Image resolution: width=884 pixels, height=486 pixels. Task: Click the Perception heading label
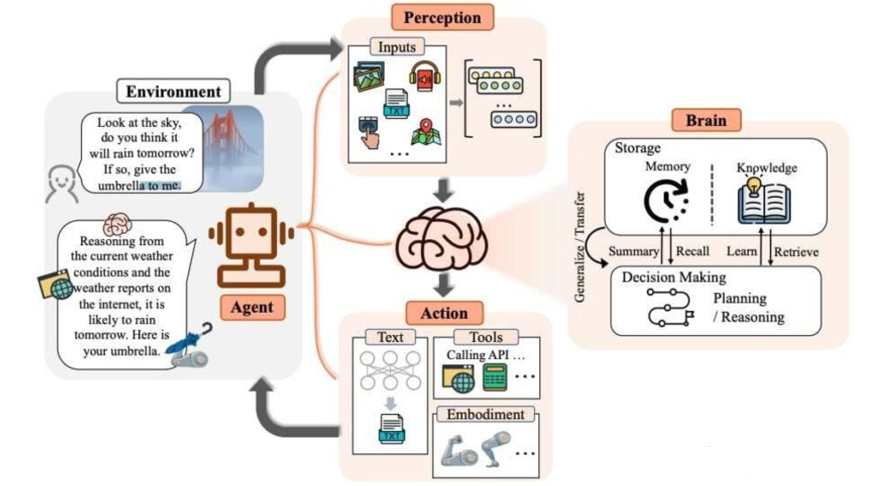pos(442,18)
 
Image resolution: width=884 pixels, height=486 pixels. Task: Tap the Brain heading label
pos(705,120)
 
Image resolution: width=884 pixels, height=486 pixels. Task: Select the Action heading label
pos(444,313)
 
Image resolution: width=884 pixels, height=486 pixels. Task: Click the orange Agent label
pos(252,307)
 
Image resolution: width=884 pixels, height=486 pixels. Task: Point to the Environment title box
pos(173,92)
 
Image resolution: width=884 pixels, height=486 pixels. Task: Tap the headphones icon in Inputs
pos(425,76)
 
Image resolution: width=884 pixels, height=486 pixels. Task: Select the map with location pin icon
pos(426,131)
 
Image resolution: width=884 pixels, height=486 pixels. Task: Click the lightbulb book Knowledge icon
pos(764,201)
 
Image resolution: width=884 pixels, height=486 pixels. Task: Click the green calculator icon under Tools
pos(495,378)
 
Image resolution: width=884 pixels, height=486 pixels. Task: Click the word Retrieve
pos(796,252)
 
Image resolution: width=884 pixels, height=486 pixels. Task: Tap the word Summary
pos(633,251)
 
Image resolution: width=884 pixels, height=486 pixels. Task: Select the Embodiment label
pos(485,414)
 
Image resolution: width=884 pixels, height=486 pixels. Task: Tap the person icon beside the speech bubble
pos(61,183)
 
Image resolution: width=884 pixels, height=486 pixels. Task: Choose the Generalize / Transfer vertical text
pos(579,247)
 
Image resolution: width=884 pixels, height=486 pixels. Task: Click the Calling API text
pos(485,355)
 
